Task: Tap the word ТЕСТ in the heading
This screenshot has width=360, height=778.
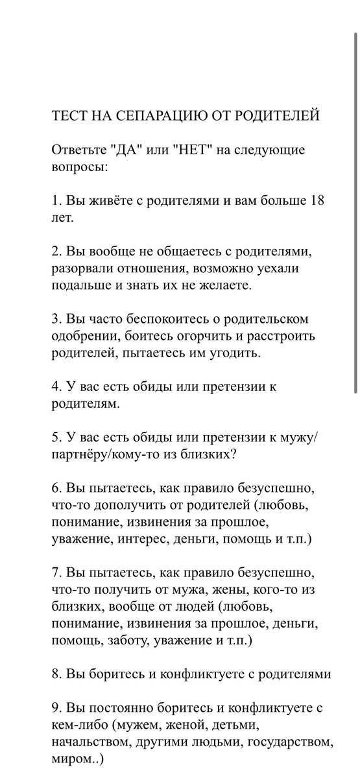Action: tap(69, 116)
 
